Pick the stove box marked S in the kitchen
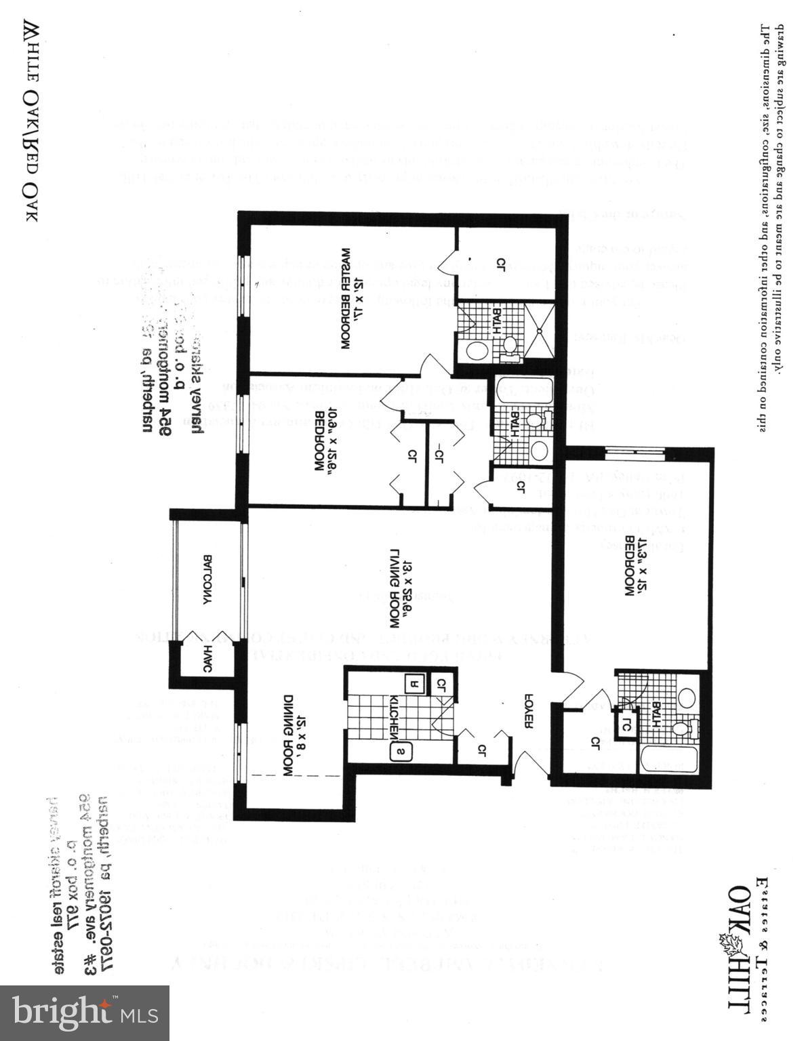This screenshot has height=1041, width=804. pyautogui.click(x=401, y=751)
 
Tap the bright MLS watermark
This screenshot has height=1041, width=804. pyautogui.click(x=84, y=1013)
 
